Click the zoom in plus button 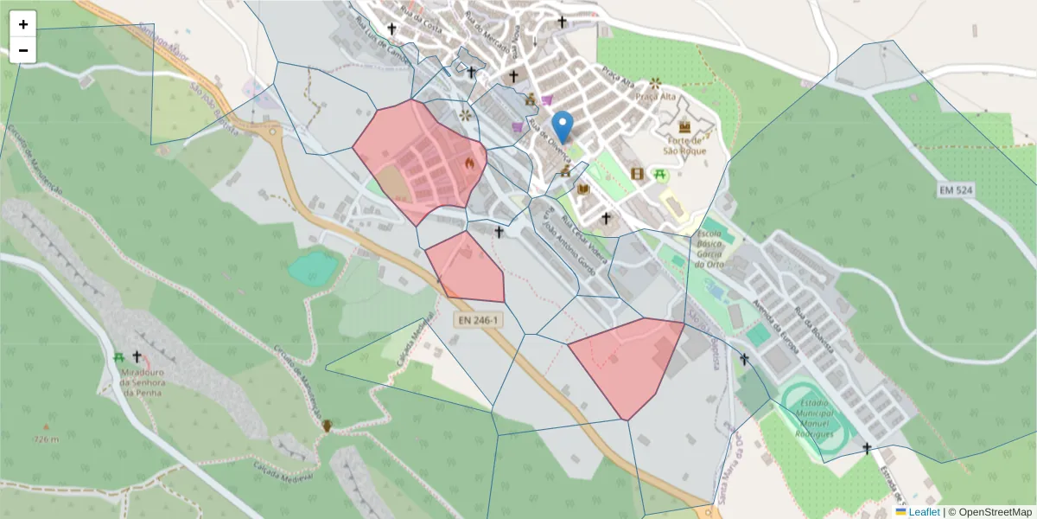[x=23, y=24]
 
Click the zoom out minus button [x=23, y=50]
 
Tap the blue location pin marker [x=563, y=128]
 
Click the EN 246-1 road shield [x=477, y=320]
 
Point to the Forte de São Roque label [x=684, y=144]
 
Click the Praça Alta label [x=655, y=96]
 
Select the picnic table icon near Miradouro [x=119, y=356]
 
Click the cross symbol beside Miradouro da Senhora [x=137, y=356]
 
